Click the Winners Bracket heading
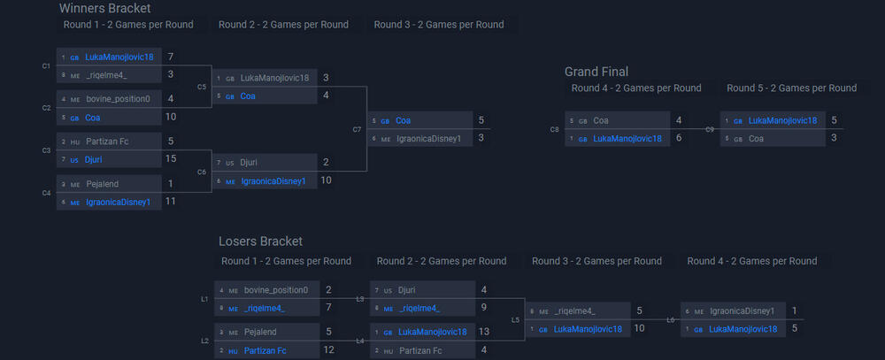[98, 8]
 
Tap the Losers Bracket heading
[260, 241]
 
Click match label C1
[46, 65]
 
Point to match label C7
[357, 129]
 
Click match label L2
[204, 341]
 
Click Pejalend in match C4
[102, 184]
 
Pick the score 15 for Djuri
[171, 158]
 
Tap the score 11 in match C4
[171, 201]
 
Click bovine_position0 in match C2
[118, 99]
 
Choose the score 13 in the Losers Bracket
[483, 332]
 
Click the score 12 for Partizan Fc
[328, 349]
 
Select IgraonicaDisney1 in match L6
[742, 311]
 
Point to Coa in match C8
[601, 120]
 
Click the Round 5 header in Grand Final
[791, 88]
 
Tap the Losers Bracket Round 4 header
[751, 261]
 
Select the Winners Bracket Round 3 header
[439, 25]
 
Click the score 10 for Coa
[171, 117]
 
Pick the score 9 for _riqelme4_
[483, 307]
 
